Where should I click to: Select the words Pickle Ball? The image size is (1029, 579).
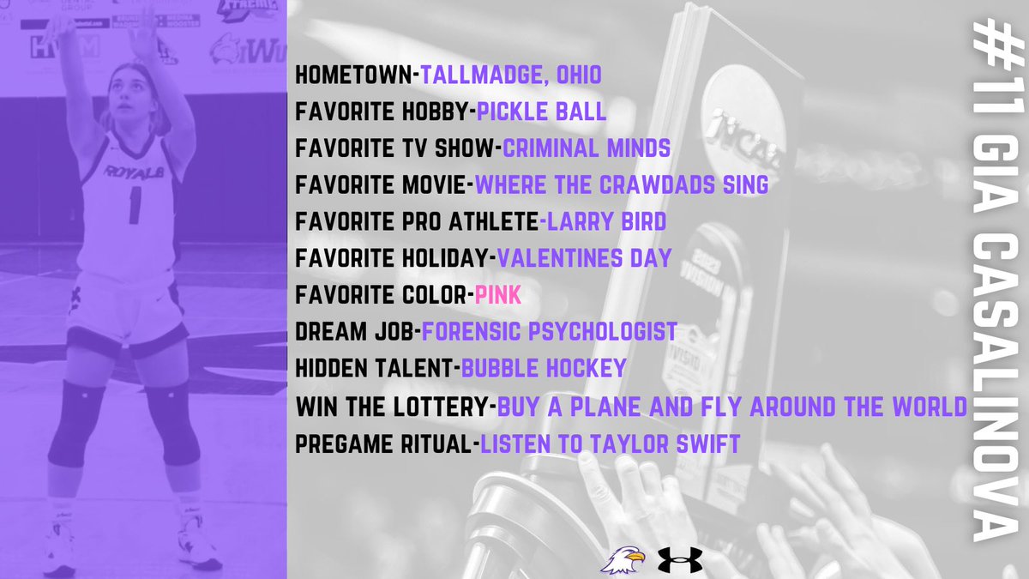(540, 112)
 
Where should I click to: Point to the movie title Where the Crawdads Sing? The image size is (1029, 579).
(621, 185)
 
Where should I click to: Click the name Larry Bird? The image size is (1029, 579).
(604, 222)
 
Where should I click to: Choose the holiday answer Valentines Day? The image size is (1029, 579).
(584, 258)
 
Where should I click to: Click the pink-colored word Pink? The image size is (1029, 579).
(498, 295)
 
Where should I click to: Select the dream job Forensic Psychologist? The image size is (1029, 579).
(550, 331)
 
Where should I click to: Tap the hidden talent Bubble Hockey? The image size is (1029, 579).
(544, 368)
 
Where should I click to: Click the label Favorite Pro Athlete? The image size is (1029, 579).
(418, 222)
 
